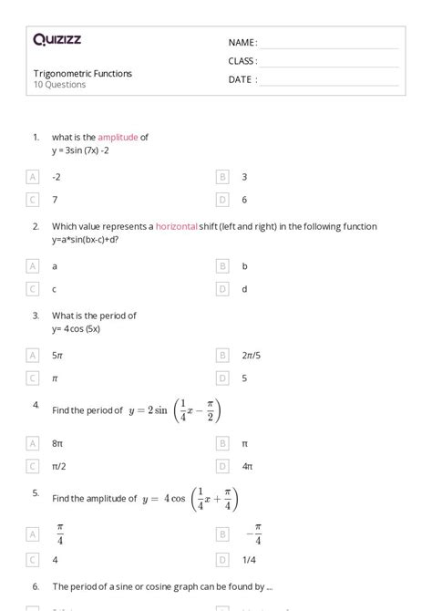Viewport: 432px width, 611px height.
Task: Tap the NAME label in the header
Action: [242, 42]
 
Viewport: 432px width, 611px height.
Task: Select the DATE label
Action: [242, 79]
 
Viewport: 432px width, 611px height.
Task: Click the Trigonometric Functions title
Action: [82, 73]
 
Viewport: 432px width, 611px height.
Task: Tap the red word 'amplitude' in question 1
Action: [118, 138]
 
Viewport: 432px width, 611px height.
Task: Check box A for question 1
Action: [34, 177]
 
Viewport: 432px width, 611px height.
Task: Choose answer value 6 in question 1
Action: [244, 199]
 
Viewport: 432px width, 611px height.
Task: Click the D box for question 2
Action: [222, 288]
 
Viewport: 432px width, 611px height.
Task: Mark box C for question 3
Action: [34, 377]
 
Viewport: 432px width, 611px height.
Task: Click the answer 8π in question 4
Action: [57, 443]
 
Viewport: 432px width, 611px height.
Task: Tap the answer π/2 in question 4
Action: [59, 466]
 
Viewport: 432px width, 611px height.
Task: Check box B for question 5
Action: [222, 533]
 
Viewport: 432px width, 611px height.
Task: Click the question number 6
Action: [35, 586]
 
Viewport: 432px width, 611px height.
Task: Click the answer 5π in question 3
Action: [57, 354]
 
